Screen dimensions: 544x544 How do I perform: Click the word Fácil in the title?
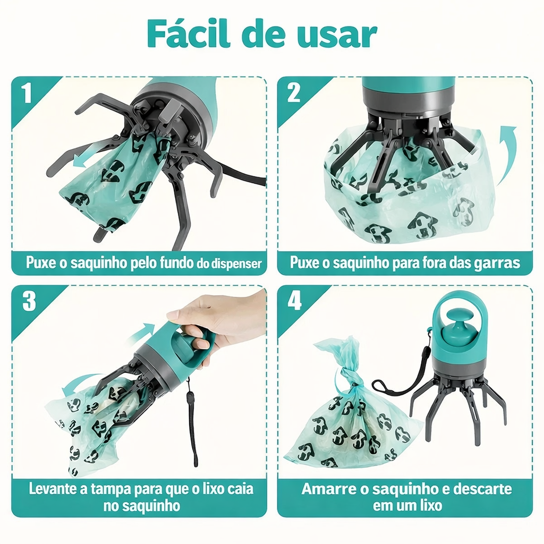tap(189, 33)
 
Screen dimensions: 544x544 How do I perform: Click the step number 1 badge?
tap(27, 92)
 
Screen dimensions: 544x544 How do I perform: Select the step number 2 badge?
tap(293, 92)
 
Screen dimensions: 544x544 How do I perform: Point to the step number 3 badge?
tap(29, 301)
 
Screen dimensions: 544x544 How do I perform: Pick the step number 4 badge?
tap(294, 301)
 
